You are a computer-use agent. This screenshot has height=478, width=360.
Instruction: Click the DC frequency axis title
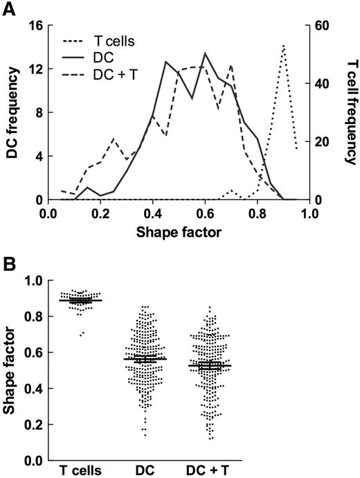(x=11, y=112)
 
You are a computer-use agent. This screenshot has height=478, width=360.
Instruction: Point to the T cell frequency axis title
(x=348, y=112)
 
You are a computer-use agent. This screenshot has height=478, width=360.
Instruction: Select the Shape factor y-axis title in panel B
(x=11, y=369)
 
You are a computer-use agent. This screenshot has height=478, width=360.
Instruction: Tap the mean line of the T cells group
(x=80, y=301)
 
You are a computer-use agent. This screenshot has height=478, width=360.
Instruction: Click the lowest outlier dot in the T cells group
(x=80, y=335)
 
